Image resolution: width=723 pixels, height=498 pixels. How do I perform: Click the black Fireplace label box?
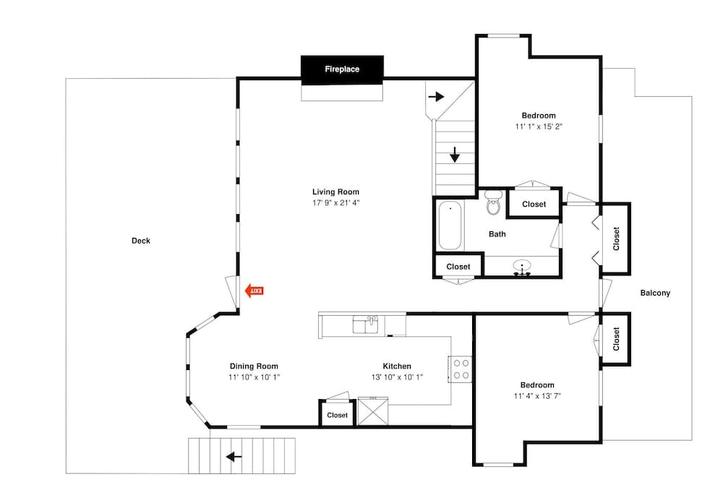pos(341,69)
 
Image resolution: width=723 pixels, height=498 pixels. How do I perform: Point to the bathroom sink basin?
pos(522,267)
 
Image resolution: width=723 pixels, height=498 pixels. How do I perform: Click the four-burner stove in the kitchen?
pos(461,369)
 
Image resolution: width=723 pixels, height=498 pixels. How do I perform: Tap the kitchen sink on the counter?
pos(365,325)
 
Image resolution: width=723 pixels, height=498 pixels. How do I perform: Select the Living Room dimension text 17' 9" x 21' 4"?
pos(335,203)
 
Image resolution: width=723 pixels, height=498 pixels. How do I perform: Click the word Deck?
pos(141,241)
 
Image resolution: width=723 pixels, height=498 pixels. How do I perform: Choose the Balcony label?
pos(655,293)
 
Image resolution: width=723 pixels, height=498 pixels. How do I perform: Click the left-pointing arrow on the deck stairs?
pos(234,457)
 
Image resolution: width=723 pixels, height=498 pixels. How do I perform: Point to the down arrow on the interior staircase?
pos(455,155)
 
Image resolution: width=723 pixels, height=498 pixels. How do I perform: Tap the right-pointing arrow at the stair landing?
pos(436,96)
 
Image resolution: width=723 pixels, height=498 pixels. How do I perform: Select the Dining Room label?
pos(254,366)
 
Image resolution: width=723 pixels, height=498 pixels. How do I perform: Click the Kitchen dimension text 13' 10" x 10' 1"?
pos(397,377)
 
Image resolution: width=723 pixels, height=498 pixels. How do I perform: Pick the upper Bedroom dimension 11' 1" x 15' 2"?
pos(539,126)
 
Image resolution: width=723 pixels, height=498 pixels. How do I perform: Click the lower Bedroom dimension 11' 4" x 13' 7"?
pos(537,396)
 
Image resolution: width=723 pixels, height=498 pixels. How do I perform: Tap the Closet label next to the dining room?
pos(337,416)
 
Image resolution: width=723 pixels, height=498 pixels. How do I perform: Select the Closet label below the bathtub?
pos(458,267)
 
